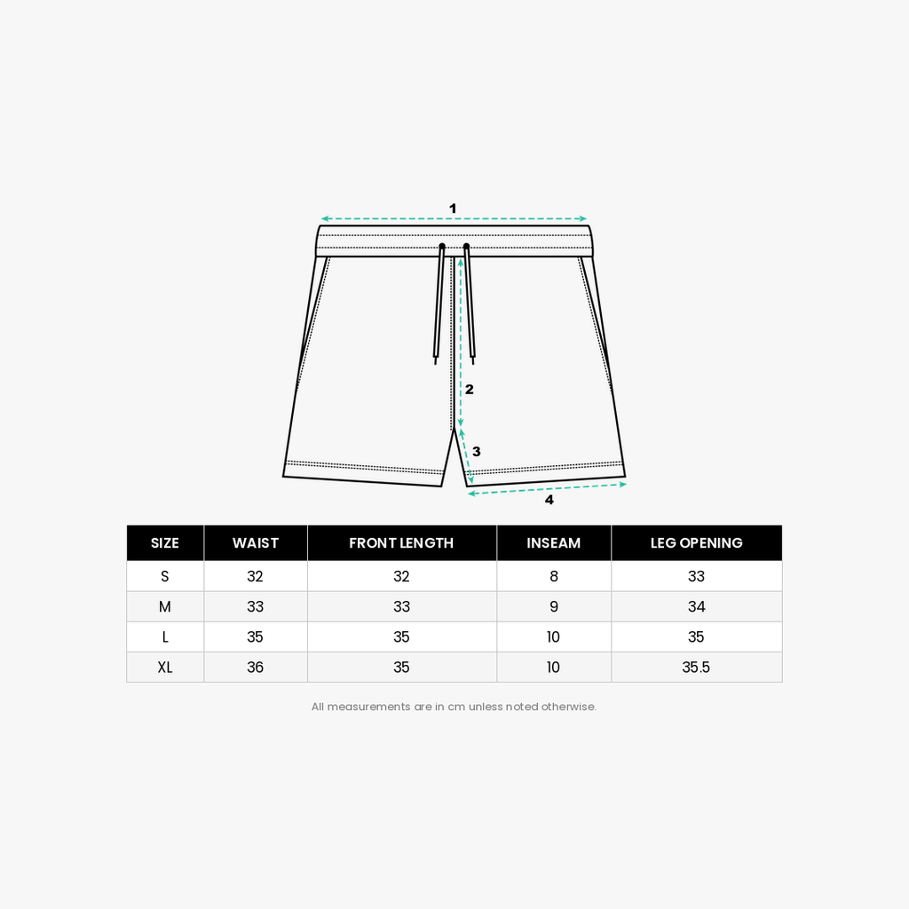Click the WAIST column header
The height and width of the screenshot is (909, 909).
[x=255, y=542]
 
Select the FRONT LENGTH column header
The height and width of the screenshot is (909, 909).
[x=401, y=542]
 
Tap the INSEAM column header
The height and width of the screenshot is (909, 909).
[x=554, y=542]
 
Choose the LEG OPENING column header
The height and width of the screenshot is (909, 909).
[x=696, y=542]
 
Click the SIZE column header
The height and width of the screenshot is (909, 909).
[x=164, y=542]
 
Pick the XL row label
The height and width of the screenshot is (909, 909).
[x=165, y=668]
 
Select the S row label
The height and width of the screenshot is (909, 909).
[x=165, y=576]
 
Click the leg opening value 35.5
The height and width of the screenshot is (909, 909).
[x=696, y=668]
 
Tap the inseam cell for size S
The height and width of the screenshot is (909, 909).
[x=554, y=576]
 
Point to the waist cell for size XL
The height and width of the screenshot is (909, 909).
[x=255, y=668]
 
